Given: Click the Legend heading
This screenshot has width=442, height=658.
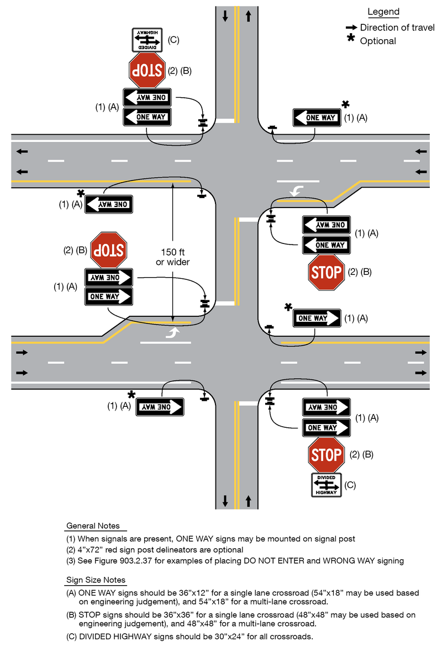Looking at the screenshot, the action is (383, 12).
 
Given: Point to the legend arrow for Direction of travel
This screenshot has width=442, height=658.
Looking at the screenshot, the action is (351, 27).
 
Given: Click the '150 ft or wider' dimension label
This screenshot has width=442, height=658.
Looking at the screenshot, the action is (173, 257).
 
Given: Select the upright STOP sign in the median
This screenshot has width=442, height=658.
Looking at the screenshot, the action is (327, 272).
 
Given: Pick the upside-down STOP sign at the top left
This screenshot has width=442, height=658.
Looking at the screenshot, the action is (146, 70).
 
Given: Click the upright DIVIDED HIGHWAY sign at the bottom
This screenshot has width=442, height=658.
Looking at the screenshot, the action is (327, 485).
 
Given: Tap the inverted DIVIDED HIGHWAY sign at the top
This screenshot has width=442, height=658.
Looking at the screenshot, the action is (147, 40).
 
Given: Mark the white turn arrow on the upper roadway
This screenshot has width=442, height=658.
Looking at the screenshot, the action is (296, 192).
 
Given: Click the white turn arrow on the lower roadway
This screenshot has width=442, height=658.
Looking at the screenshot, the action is (173, 332).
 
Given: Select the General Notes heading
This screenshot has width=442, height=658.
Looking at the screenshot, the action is (93, 526).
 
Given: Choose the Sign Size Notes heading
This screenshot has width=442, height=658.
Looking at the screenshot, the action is (96, 580).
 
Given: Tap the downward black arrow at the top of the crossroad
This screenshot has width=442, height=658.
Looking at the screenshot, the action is (225, 16).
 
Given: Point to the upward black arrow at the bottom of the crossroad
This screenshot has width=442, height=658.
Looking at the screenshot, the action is (248, 501).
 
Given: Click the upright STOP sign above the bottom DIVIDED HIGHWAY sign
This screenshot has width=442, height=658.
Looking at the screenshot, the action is (327, 455).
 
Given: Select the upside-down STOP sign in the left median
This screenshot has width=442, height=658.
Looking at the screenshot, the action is (108, 250).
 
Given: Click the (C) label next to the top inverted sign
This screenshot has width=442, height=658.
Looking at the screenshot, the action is (173, 40).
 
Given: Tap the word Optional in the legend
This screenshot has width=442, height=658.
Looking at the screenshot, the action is (378, 41).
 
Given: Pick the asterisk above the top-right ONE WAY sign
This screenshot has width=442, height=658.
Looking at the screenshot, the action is (345, 104).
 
